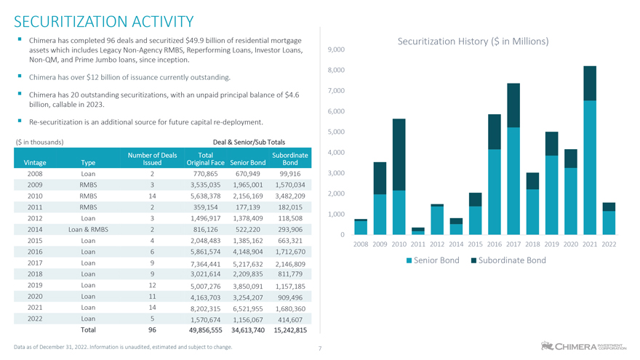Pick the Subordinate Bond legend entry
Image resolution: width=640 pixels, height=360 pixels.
(x=508, y=260)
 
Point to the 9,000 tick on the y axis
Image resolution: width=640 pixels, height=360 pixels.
(x=336, y=49)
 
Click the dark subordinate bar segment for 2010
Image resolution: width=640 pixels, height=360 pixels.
(x=399, y=154)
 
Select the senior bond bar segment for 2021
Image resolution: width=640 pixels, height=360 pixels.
(x=590, y=167)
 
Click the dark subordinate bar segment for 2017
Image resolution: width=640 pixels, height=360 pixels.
(x=513, y=105)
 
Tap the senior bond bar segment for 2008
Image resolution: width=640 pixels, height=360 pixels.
(x=361, y=228)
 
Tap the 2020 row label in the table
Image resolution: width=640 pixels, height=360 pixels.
(x=35, y=297)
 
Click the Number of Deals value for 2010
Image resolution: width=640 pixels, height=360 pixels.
(x=152, y=196)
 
